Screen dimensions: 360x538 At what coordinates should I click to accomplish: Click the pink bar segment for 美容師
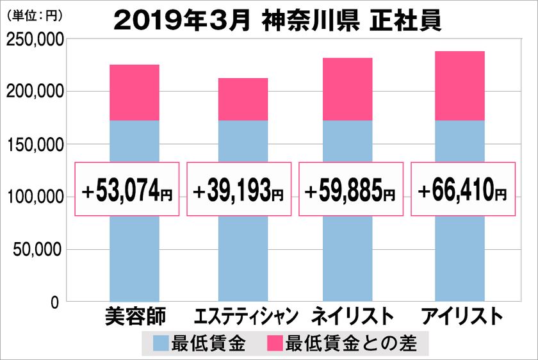(x=134, y=93)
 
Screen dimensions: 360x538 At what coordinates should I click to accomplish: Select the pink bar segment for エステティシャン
(x=243, y=99)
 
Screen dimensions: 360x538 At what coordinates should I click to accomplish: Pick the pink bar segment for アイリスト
(x=459, y=86)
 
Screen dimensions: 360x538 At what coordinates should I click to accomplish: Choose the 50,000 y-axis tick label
(x=38, y=249)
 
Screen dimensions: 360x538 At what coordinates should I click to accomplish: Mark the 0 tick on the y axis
(x=56, y=302)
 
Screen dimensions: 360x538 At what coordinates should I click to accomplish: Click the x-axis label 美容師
(x=134, y=316)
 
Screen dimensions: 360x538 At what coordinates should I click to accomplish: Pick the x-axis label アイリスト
(x=459, y=316)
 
